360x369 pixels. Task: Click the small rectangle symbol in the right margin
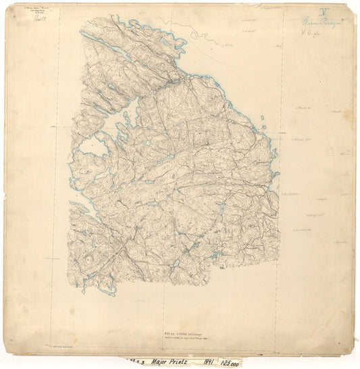click(330, 153)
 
